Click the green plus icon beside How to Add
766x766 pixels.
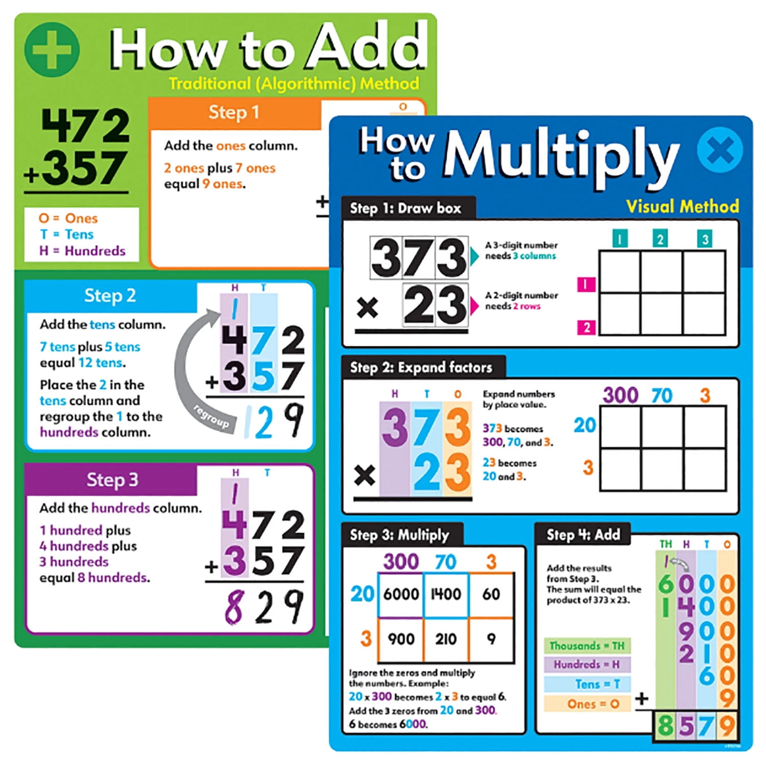pos(52,50)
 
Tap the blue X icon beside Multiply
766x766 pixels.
pos(720,150)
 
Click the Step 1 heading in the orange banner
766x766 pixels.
pos(233,112)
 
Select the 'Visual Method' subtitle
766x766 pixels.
pos(682,206)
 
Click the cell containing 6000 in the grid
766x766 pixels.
pos(401,594)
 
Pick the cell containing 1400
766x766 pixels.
pos(446,594)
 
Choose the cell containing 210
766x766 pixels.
pos(446,639)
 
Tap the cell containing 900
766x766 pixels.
pos(401,639)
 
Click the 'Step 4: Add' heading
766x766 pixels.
pos(583,535)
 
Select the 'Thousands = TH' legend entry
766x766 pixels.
pos(587,646)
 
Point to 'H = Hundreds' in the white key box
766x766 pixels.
pos(82,251)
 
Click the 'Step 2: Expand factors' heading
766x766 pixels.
pos(421,368)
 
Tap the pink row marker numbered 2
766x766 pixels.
pos(586,327)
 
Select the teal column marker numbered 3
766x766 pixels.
pos(705,239)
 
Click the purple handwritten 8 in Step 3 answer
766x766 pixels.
pos(233,607)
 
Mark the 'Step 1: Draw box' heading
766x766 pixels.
pos(405,208)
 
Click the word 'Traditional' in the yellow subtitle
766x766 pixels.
pos(210,84)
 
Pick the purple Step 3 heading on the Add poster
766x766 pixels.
pos(112,480)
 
